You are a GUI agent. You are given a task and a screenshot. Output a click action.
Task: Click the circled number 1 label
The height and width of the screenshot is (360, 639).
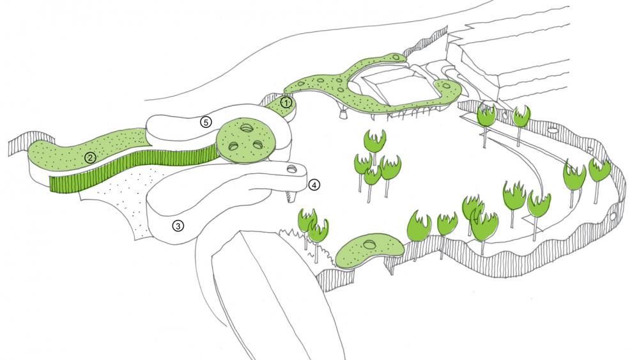click(287, 102)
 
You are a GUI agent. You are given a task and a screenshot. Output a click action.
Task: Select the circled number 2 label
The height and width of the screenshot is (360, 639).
click(90, 157)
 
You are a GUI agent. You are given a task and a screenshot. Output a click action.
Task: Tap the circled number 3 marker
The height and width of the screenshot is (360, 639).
click(178, 225)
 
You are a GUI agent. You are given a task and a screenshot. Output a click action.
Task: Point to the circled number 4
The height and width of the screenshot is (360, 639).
click(314, 185)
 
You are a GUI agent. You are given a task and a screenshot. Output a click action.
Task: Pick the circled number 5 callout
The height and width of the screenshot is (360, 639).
click(205, 121)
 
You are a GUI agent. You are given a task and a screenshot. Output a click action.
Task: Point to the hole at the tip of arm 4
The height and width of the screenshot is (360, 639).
click(292, 169)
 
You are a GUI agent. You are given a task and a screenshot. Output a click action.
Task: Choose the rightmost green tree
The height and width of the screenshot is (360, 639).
click(600, 170)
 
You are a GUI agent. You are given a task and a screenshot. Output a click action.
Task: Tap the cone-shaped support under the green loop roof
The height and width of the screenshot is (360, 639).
click(344, 116)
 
